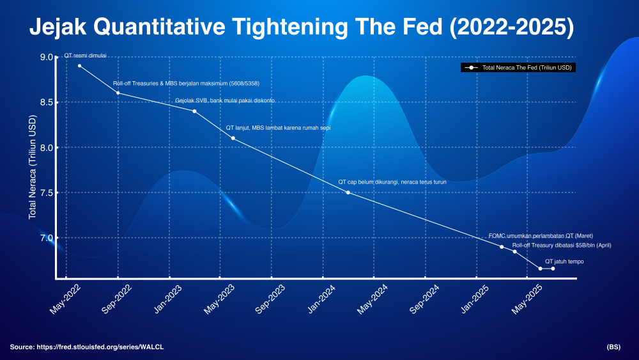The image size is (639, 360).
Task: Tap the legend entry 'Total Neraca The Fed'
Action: click(518, 68)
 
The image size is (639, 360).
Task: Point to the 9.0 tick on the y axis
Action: click(47, 57)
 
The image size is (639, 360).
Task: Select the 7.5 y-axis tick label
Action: click(47, 193)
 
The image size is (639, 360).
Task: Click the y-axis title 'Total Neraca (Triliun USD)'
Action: click(33, 167)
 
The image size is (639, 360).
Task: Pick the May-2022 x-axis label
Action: click(65, 299)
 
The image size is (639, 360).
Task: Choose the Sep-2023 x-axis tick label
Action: click(270, 299)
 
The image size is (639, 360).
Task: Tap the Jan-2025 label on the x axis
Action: click(475, 299)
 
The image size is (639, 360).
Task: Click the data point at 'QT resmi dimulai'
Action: click(79, 66)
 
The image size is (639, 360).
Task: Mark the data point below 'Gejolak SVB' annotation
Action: click(194, 111)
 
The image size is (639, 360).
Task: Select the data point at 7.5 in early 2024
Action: click(348, 192)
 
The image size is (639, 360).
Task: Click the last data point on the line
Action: click(553, 269)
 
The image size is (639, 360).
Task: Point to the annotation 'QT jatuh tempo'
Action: click(564, 262)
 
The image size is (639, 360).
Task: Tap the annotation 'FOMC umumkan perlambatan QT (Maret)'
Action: click(541, 236)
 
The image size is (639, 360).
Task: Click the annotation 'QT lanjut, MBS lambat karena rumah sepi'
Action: click(279, 128)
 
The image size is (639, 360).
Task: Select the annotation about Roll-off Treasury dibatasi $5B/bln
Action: click(562, 246)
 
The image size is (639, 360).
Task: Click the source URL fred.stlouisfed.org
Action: click(100, 347)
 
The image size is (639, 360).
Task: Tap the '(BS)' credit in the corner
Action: click(613, 347)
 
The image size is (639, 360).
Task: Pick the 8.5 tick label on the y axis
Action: click(47, 102)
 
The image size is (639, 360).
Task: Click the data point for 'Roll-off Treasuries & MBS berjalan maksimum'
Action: click(118, 93)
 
